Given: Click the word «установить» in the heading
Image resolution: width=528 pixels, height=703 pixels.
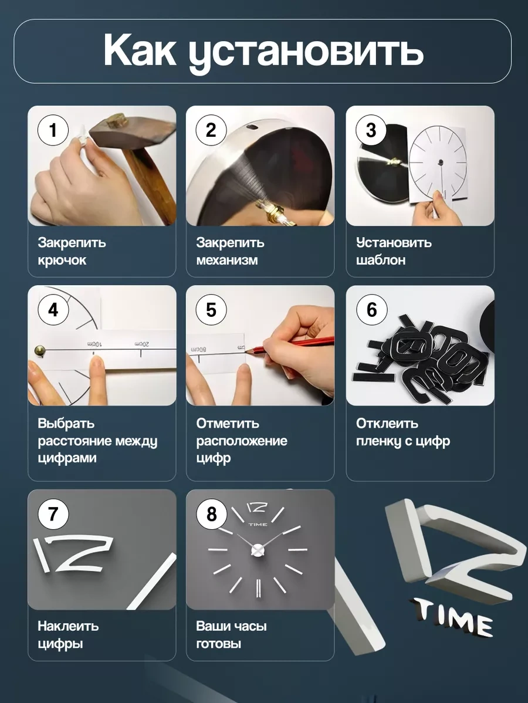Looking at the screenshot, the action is click(x=306, y=53).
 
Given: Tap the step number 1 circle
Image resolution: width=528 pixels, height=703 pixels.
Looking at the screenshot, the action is click(x=53, y=130).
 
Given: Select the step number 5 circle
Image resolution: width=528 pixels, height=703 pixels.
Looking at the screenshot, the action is click(x=211, y=310).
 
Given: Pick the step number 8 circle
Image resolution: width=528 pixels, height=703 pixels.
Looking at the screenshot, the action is click(x=211, y=514).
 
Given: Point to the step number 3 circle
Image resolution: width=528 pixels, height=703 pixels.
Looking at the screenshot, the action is click(x=371, y=130).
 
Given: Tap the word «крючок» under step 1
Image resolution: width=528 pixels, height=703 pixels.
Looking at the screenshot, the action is click(x=62, y=261).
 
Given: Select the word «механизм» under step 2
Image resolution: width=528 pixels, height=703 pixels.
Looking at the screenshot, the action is click(x=227, y=260).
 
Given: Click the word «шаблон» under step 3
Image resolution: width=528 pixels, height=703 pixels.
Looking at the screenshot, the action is click(x=381, y=260).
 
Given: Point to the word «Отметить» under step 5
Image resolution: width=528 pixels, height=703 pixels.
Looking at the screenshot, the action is click(x=228, y=423).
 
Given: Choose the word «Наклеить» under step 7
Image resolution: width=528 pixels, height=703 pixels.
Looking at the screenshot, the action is click(x=68, y=626).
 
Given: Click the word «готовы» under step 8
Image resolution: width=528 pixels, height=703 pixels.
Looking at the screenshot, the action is click(x=219, y=644).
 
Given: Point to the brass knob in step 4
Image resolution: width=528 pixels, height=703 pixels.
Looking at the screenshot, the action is click(x=39, y=350).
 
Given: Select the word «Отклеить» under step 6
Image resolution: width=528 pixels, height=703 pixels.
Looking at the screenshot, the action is click(x=387, y=423).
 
